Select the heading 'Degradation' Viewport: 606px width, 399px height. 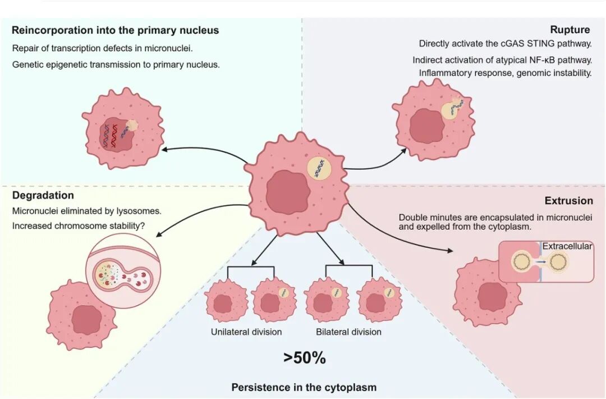click(x=43, y=196)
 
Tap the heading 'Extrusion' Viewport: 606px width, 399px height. click(x=568, y=201)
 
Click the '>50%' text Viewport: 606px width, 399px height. click(x=305, y=358)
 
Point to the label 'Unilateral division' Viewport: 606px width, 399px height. click(x=246, y=332)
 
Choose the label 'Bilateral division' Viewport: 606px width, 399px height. click(x=348, y=332)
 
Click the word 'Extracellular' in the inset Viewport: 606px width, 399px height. click(x=567, y=246)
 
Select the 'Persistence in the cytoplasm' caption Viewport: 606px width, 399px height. click(x=304, y=387)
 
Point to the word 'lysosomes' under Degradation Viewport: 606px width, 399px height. click(x=140, y=211)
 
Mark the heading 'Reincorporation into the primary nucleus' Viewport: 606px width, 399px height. click(x=115, y=30)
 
